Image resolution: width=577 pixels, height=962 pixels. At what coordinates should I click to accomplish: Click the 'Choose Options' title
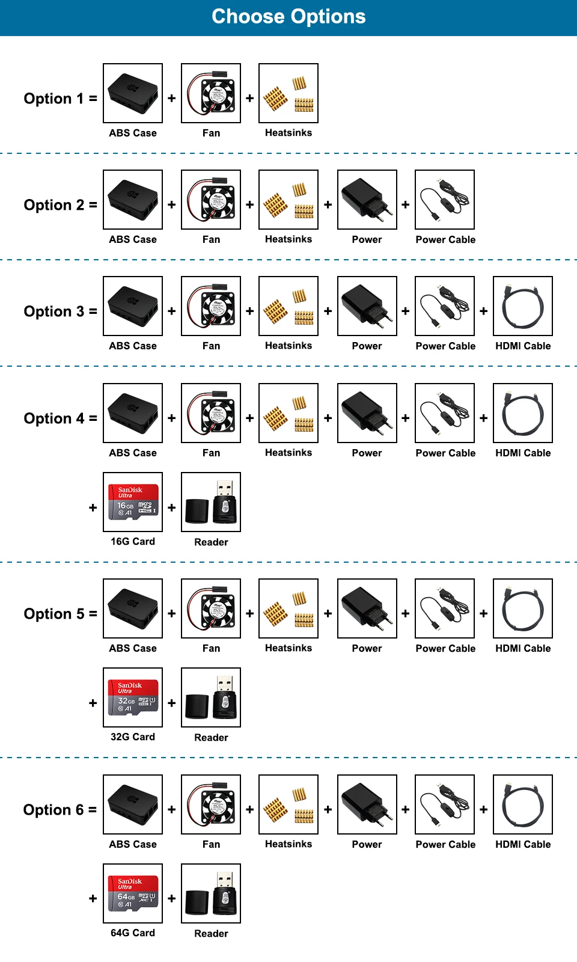[x=288, y=17]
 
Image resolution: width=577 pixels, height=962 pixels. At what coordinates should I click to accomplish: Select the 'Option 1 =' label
[x=61, y=99]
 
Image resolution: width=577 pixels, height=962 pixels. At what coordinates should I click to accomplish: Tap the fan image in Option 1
[x=211, y=93]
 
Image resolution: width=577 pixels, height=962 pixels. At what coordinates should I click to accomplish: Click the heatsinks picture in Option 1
[x=288, y=93]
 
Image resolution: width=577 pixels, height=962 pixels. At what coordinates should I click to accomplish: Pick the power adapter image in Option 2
[x=367, y=200]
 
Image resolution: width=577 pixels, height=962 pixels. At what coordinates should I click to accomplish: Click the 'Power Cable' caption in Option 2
[x=445, y=239]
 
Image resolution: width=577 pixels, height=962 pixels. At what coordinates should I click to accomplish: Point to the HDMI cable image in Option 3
[x=523, y=306]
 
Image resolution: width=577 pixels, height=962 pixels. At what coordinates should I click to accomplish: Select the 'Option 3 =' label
[x=61, y=311]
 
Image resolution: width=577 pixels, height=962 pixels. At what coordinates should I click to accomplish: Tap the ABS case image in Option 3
[x=133, y=306]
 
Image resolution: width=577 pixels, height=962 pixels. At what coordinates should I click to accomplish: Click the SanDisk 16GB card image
[x=133, y=502]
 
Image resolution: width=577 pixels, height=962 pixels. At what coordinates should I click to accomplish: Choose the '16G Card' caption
[x=133, y=541]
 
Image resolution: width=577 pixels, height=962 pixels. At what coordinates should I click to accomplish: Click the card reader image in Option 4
[x=211, y=502]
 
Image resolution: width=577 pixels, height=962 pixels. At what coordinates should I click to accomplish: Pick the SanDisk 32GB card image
[x=133, y=697]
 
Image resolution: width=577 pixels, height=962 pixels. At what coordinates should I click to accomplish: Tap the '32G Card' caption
[x=133, y=737]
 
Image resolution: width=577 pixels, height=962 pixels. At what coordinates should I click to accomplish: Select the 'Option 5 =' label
[x=61, y=614]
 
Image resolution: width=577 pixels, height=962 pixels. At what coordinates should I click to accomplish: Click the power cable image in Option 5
[x=445, y=608]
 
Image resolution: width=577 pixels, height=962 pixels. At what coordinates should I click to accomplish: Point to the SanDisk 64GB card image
[x=133, y=893]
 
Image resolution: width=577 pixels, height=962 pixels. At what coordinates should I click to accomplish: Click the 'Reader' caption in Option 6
[x=211, y=933]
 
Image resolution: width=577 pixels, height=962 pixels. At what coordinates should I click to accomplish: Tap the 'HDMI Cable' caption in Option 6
[x=523, y=844]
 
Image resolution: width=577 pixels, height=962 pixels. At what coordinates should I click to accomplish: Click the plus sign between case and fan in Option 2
[x=172, y=204]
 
